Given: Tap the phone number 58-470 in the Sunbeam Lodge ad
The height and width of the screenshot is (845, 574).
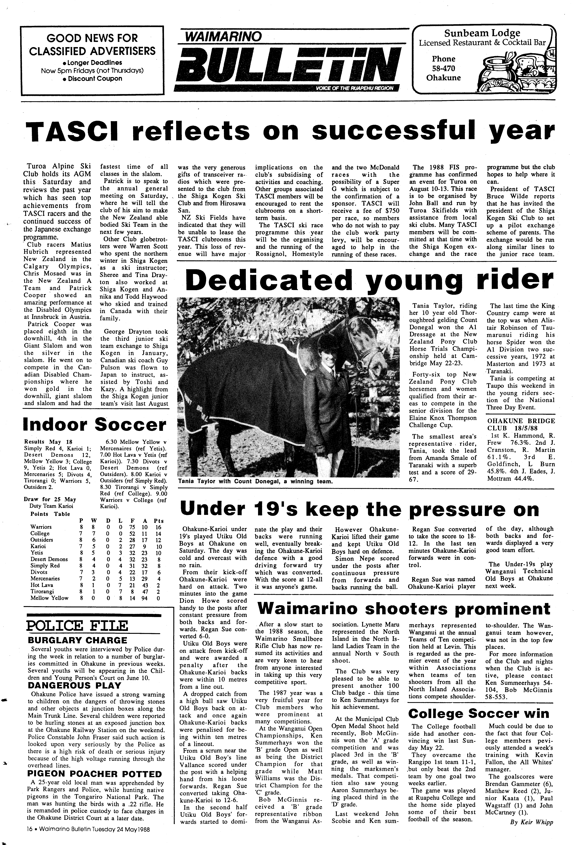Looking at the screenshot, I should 443,68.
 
